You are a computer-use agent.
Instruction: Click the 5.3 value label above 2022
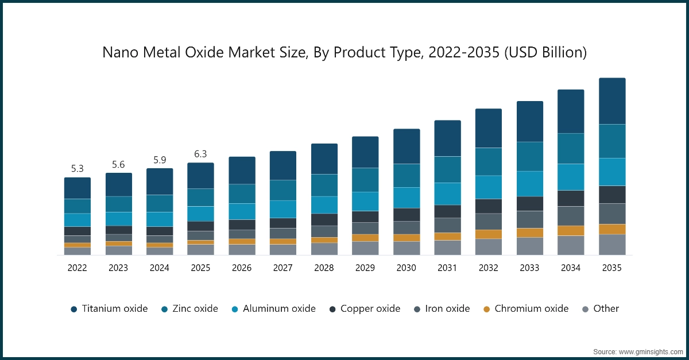[78, 169]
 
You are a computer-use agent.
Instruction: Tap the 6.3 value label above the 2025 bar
[200, 154]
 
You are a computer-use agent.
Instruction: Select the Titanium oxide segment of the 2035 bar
[612, 101]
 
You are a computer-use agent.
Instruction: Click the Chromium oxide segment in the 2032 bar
[489, 234]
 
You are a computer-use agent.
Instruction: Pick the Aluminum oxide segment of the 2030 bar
[407, 198]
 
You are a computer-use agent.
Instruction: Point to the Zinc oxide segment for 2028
[324, 185]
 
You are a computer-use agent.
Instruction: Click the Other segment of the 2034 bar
[571, 245]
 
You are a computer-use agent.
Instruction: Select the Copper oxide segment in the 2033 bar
[530, 204]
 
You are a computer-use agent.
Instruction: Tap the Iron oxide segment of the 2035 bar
[612, 214]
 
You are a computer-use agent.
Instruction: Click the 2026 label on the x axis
[242, 268]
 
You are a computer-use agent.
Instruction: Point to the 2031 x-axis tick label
[447, 268]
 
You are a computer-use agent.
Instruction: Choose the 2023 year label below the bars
[118, 268]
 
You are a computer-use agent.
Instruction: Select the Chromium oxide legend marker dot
[486, 309]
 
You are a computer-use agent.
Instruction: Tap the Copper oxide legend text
[370, 309]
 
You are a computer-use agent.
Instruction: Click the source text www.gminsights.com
[651, 351]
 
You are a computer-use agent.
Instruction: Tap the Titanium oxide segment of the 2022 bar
[78, 188]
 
